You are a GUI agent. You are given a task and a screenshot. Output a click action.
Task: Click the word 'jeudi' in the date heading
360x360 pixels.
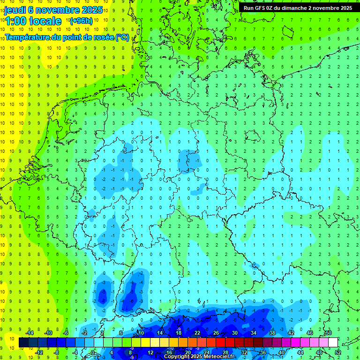(15, 10)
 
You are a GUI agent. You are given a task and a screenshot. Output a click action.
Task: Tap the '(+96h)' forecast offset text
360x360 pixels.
(81, 21)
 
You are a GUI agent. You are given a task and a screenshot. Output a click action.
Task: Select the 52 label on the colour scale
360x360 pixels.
(338, 352)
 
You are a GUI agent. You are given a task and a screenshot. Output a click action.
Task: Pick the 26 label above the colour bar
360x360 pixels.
(216, 333)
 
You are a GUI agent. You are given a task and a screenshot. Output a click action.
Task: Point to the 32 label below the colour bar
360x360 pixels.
(244, 352)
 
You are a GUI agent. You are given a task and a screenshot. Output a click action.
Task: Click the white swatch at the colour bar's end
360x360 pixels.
(333, 343)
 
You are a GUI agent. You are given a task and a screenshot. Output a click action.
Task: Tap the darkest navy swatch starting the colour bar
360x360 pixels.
(23, 343)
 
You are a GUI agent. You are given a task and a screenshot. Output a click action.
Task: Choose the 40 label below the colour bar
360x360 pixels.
(282, 352)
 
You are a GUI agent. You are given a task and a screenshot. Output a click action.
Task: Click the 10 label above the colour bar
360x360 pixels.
(141, 333)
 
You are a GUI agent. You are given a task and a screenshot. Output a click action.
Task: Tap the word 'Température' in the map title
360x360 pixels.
(27, 37)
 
